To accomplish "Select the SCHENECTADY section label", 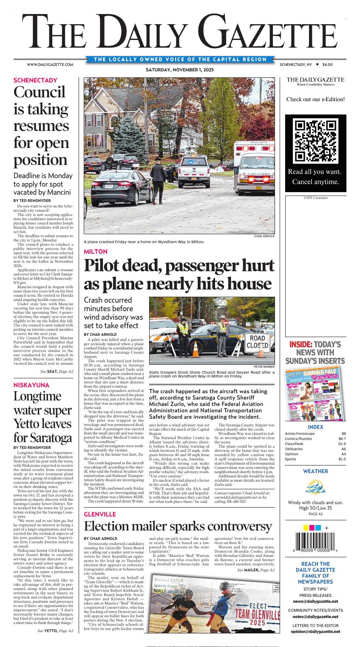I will coord(35,80).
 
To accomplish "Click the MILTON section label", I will coord(96,252).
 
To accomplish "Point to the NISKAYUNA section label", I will coord(31,385).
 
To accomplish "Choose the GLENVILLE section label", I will coord(100,514).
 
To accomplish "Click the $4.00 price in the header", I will coord(327,65).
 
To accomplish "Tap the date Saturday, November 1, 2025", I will coord(180,70).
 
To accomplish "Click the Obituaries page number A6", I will coord(343,449).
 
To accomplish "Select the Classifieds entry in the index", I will coord(294,444).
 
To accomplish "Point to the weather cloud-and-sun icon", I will coord(315,487).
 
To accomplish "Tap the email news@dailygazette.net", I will coord(315,602).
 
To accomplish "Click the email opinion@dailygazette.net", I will coord(315,632).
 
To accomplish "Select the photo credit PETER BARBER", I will coord(264,366).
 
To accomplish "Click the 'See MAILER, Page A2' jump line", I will coord(256,570).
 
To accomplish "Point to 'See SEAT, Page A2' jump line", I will coord(57,372).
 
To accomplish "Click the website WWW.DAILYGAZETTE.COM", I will coord(50,65).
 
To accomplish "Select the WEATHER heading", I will coord(315,471).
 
